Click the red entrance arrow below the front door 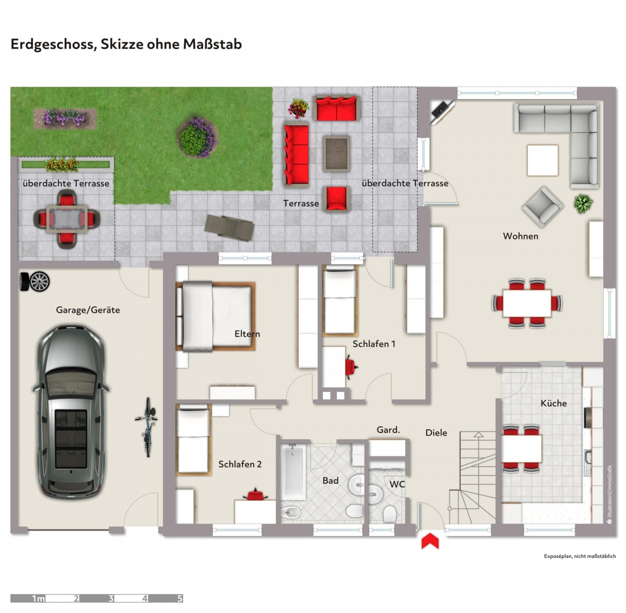[430, 541]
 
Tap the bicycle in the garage [147, 427]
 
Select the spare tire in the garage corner [35, 281]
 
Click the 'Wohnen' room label [520, 236]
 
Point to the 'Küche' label [554, 403]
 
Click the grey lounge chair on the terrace [229, 227]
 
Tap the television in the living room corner [442, 111]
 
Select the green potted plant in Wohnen [583, 204]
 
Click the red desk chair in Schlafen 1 [351, 367]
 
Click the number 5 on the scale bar [180, 599]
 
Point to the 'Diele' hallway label [436, 433]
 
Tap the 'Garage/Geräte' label [88, 310]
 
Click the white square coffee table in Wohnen [543, 160]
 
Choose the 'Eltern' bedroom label [247, 334]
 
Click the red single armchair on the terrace [336, 199]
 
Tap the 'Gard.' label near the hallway [388, 430]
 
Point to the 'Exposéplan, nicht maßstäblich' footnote [580, 556]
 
